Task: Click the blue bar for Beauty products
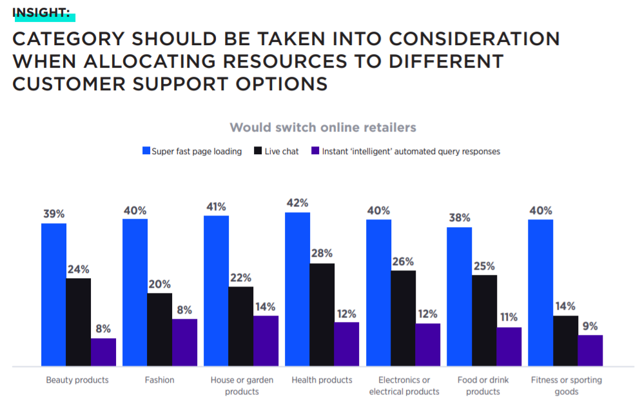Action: tap(53, 295)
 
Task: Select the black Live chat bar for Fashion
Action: tap(159, 330)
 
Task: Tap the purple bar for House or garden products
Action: tap(266, 341)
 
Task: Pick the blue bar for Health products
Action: tap(297, 289)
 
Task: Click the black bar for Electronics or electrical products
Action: tap(404, 318)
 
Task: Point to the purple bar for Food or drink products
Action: tap(509, 346)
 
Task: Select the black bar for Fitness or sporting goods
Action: tap(565, 341)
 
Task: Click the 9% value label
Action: tap(590, 326)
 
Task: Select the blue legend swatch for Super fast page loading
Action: tap(146, 152)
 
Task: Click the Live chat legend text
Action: tap(281, 152)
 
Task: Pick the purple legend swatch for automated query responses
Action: tap(315, 152)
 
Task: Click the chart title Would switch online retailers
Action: tap(323, 127)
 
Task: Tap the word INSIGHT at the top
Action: tap(41, 11)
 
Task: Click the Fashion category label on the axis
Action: tap(159, 380)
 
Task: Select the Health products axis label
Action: tap(322, 380)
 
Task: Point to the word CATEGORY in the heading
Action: tap(69, 39)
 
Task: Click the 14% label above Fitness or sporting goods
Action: tap(565, 306)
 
